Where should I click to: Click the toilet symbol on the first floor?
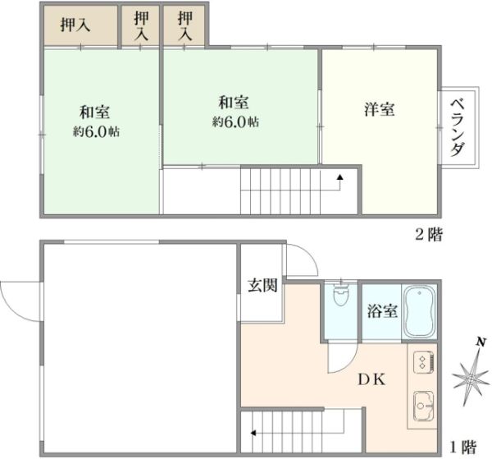(x=339, y=295)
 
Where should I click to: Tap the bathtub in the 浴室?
(x=420, y=312)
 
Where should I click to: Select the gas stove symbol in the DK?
(x=424, y=363)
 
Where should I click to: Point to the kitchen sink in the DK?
(x=424, y=406)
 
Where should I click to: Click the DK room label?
(x=371, y=380)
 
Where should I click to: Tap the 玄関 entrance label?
(x=263, y=285)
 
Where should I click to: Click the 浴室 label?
(x=382, y=311)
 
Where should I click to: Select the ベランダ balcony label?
(x=458, y=127)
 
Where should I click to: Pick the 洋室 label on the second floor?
(x=380, y=109)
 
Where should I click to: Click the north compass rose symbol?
(x=471, y=379)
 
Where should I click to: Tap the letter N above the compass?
(x=480, y=342)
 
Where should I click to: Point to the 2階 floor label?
(x=429, y=235)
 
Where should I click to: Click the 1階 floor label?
(x=463, y=447)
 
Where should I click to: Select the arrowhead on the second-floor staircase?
(x=339, y=177)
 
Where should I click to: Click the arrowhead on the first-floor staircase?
(x=253, y=434)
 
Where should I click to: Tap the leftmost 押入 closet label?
(x=75, y=25)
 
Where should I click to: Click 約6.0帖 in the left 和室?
(x=96, y=131)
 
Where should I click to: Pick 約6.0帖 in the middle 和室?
(x=235, y=122)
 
